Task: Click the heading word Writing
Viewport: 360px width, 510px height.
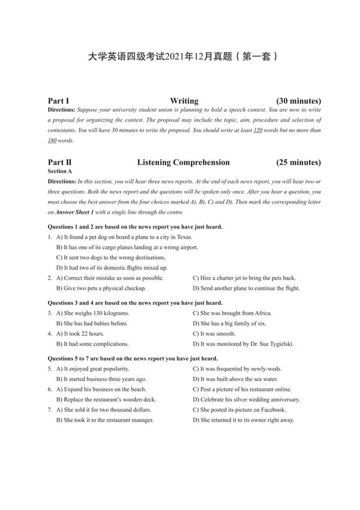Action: (184, 101)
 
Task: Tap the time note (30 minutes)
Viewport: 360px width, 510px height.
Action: (298, 101)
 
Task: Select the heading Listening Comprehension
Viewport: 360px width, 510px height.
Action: (183, 162)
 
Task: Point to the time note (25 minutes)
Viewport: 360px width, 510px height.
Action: (298, 162)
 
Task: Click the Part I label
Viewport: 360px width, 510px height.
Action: (58, 101)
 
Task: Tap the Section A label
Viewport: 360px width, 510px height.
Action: (59, 171)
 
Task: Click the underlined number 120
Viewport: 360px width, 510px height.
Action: (258, 130)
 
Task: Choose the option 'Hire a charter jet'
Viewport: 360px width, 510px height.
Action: (244, 278)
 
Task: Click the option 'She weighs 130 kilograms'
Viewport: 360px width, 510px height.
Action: (92, 313)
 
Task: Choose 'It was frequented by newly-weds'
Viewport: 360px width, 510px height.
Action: (237, 369)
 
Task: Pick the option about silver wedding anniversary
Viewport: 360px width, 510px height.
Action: (246, 400)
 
